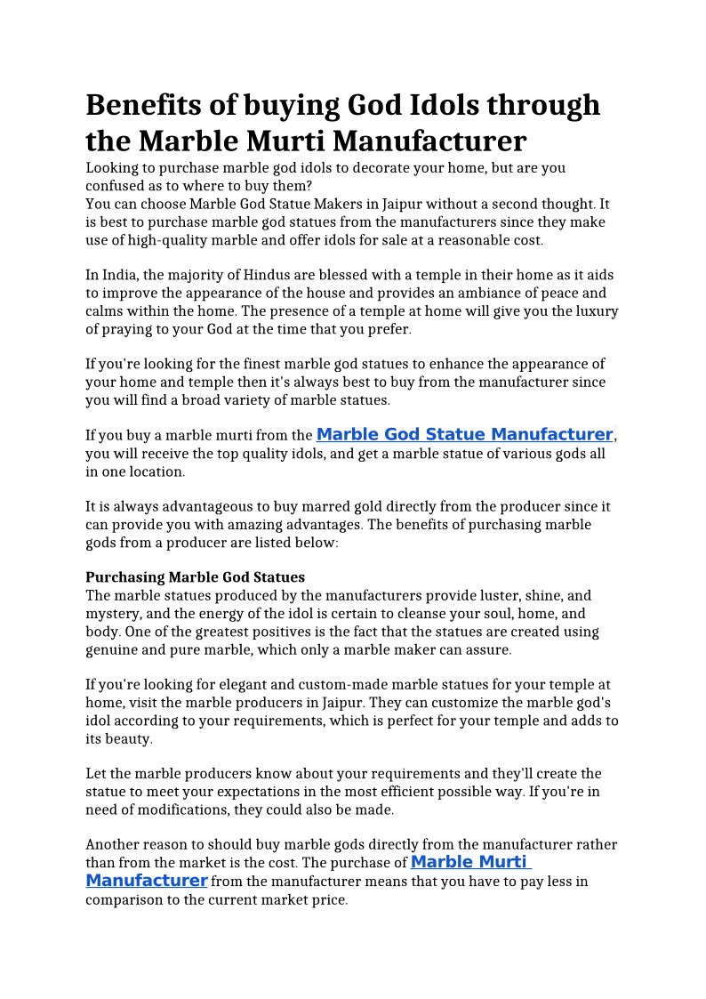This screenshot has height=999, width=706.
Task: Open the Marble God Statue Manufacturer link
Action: (464, 435)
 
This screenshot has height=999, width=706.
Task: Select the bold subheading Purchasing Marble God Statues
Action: (195, 577)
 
